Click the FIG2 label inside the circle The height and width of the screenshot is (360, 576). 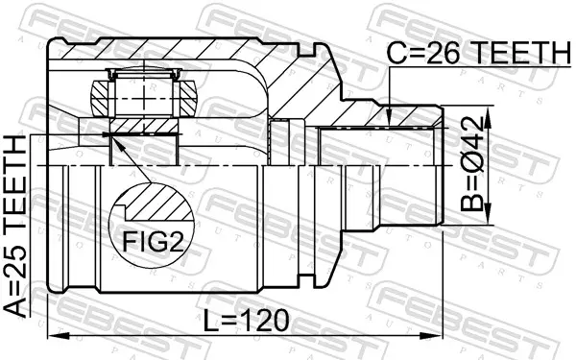[x=153, y=241]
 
